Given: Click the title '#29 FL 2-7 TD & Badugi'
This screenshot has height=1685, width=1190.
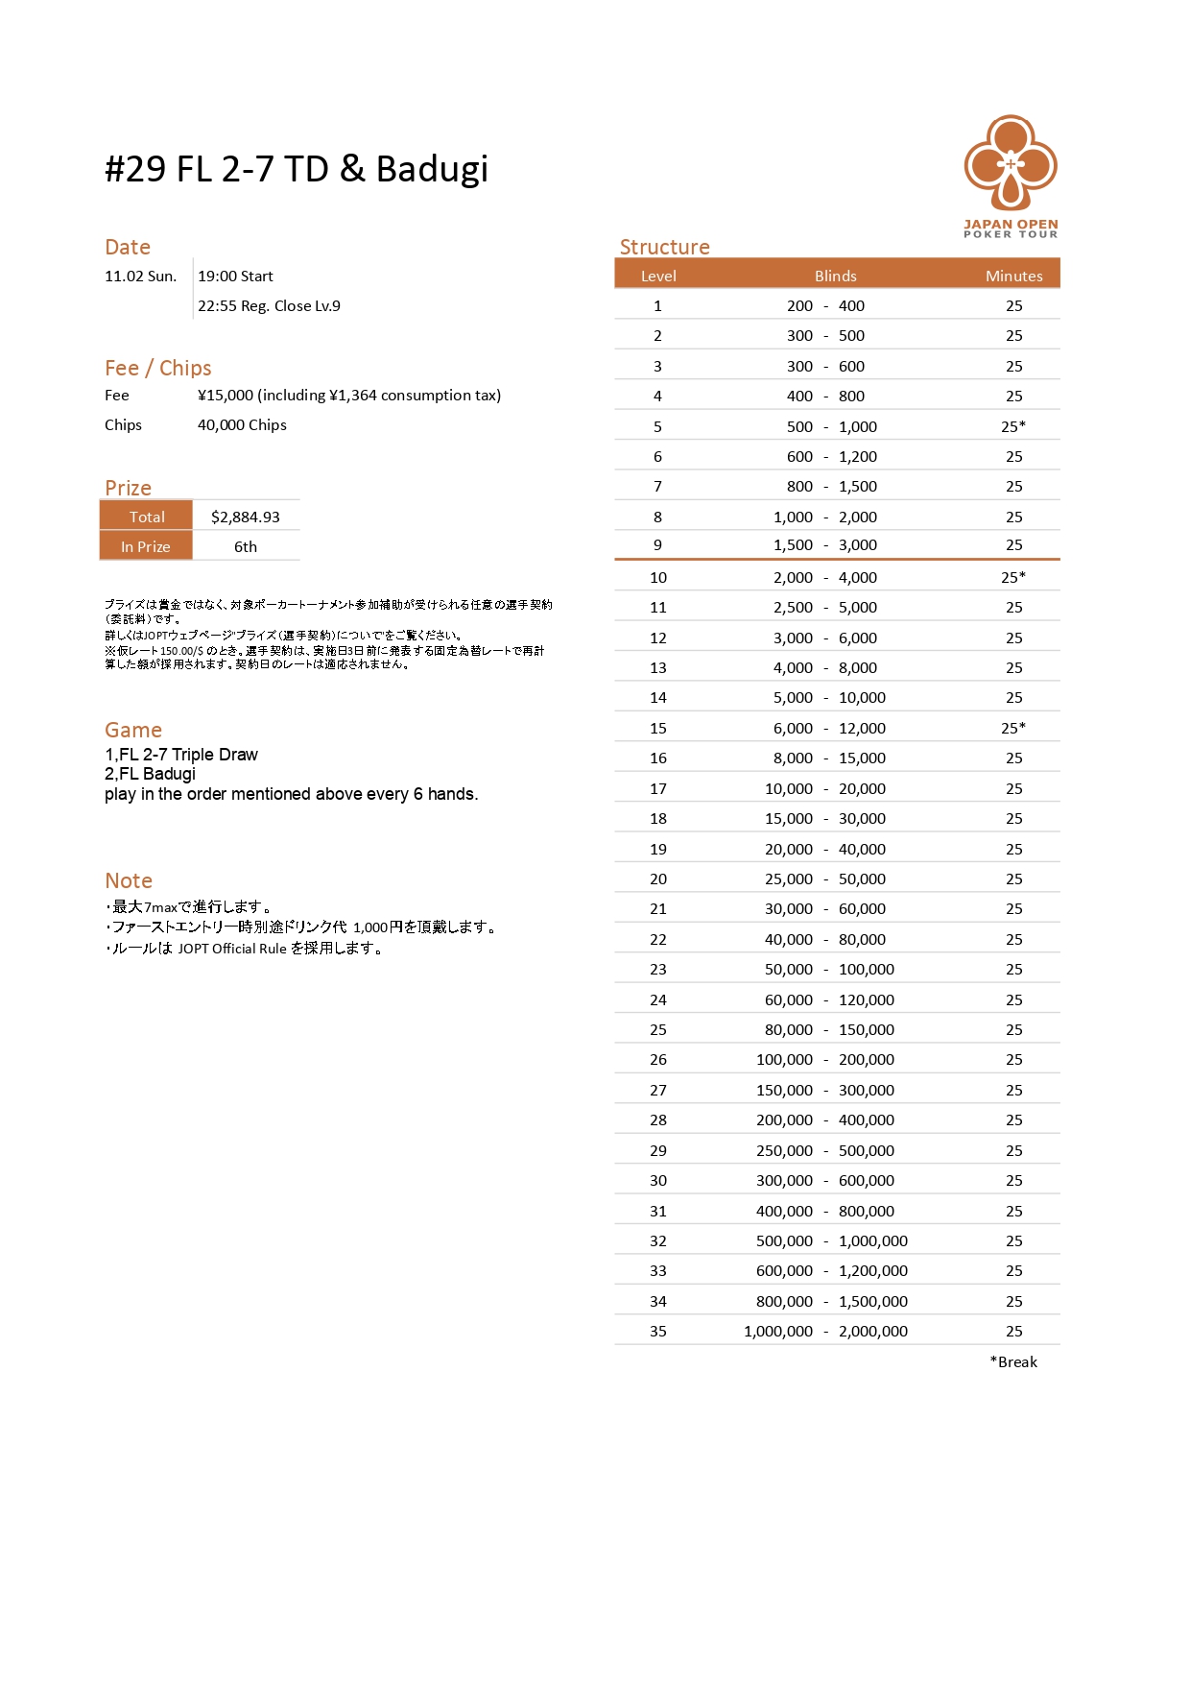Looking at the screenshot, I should tap(297, 169).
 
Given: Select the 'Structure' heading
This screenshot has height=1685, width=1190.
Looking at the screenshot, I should tap(664, 247).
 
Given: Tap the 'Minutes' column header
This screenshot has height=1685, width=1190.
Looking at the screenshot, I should tap(1013, 276).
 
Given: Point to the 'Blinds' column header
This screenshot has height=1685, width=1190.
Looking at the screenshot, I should tap(835, 276).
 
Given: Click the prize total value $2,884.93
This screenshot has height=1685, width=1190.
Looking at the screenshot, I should tap(246, 517).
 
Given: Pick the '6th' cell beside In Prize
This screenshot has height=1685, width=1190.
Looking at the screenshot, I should tap(246, 546).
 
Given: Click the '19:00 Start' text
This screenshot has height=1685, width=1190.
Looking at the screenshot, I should tap(235, 277).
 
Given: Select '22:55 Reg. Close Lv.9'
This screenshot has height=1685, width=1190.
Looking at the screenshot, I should tap(269, 306).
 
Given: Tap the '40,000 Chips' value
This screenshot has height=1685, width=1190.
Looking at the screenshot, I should tap(242, 425).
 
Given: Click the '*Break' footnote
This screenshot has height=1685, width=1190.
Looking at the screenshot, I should tap(1013, 1361).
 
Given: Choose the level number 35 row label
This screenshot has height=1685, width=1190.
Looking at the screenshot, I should tap(657, 1331).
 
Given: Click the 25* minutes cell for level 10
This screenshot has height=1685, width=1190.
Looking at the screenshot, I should tap(1013, 577).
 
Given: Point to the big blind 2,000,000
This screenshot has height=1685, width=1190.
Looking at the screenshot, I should tap(872, 1331).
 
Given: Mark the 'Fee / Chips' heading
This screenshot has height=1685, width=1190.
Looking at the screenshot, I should tap(157, 368).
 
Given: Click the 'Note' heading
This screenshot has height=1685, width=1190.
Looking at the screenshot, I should tap(129, 880).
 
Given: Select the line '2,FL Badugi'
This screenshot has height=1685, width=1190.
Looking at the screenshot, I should tap(150, 774).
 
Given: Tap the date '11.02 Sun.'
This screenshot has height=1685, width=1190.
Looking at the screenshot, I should tap(140, 277).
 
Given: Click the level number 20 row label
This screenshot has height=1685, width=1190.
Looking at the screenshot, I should tap(657, 879).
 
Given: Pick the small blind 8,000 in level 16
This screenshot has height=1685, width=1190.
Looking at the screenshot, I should tap(793, 758).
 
